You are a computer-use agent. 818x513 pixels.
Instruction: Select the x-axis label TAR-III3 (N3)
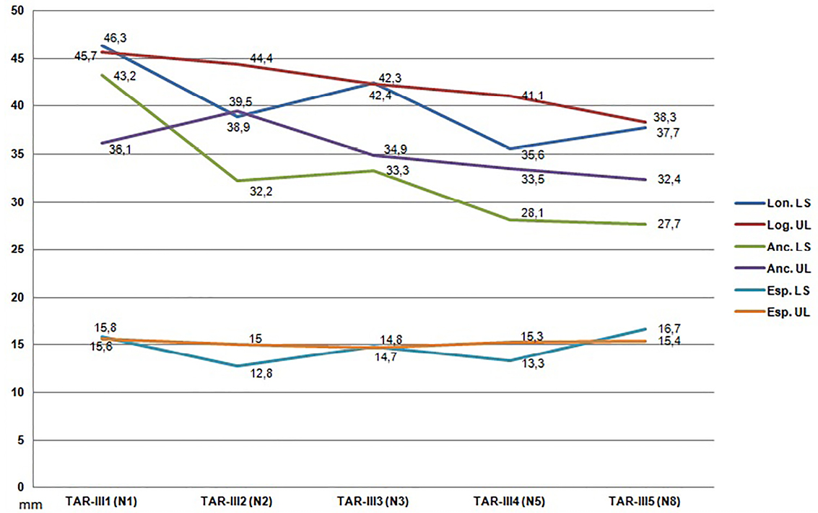coord(373,501)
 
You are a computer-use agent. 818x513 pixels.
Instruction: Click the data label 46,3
coord(123,38)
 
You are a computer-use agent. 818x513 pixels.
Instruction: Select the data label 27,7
coord(669,225)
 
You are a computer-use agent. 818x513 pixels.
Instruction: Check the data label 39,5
coord(240,101)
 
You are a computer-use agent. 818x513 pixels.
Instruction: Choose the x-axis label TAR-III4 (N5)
coord(508,501)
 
